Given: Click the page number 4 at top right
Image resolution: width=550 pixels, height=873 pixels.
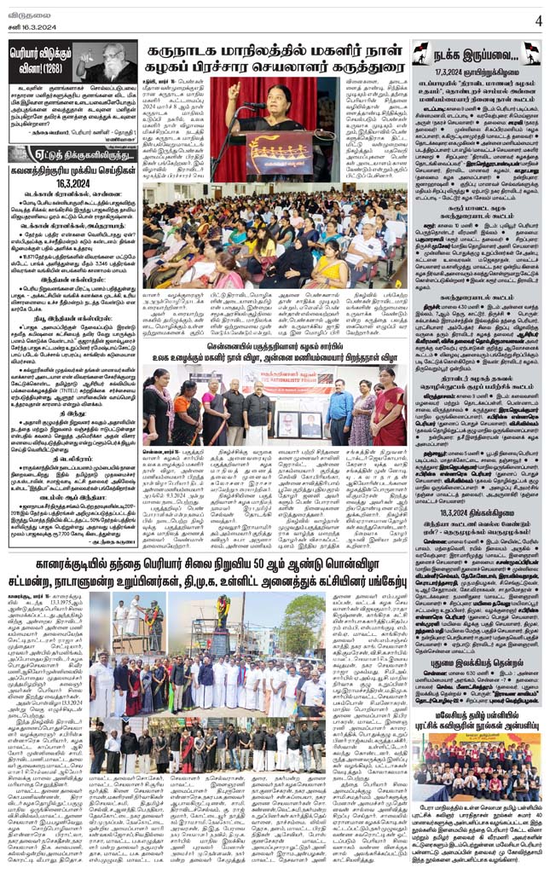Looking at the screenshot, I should [538, 20].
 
